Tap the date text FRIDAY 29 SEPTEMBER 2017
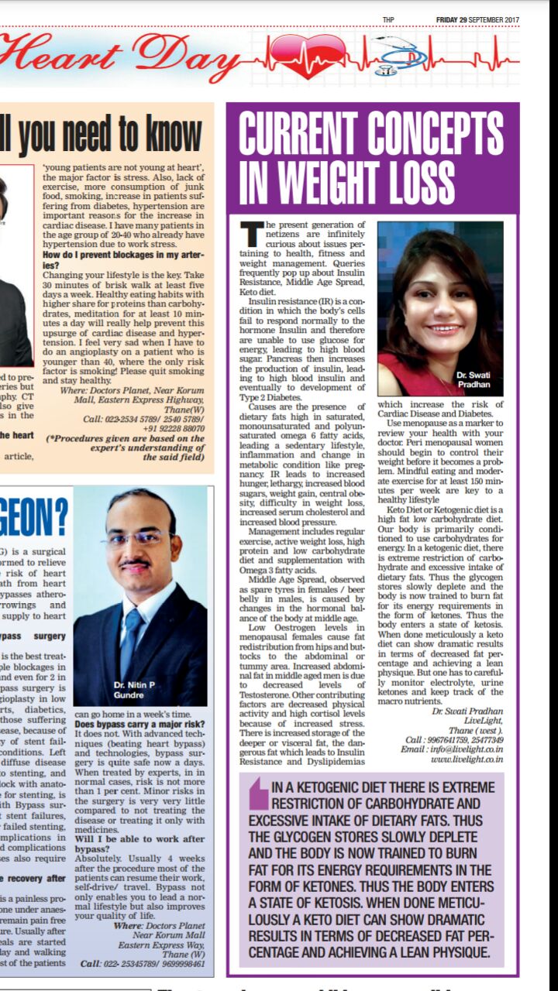point(477,19)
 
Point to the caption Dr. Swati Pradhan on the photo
point(474,379)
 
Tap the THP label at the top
point(389,19)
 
